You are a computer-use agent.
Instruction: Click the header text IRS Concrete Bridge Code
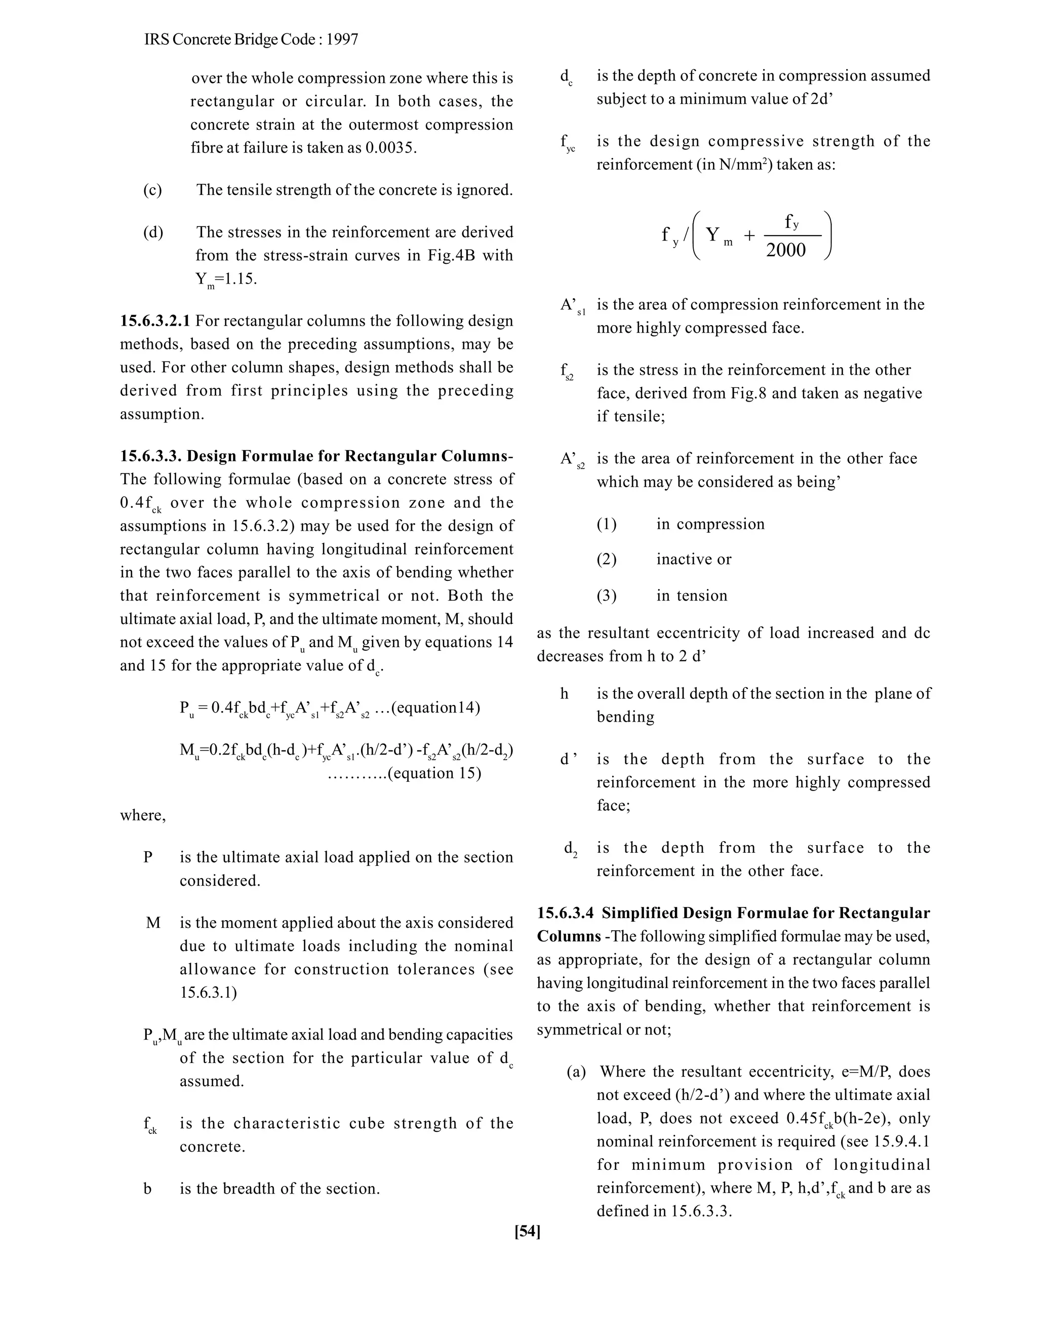(x=251, y=40)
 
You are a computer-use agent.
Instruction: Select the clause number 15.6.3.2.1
(x=155, y=321)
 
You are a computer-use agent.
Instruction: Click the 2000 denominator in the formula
(x=786, y=250)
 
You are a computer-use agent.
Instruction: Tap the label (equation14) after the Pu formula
(x=435, y=707)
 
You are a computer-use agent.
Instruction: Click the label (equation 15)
(x=435, y=772)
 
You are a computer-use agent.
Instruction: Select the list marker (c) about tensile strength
(x=152, y=190)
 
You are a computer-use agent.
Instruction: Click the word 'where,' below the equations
(x=142, y=815)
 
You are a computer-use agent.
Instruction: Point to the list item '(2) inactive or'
(x=663, y=559)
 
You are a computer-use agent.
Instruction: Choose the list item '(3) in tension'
(x=662, y=596)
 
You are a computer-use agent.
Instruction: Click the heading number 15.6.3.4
(x=565, y=913)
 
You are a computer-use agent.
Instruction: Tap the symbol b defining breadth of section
(x=147, y=1189)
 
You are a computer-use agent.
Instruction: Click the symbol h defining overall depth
(x=564, y=694)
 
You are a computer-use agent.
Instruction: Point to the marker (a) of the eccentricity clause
(x=576, y=1072)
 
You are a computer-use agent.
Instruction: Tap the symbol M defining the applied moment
(x=153, y=923)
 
